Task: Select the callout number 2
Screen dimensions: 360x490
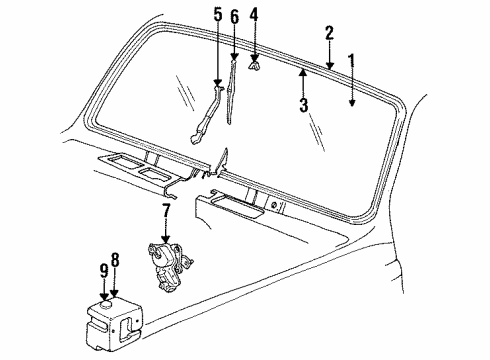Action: (328, 32)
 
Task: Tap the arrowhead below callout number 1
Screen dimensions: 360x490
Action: (351, 101)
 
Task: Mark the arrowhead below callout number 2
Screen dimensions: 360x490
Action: (328, 64)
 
